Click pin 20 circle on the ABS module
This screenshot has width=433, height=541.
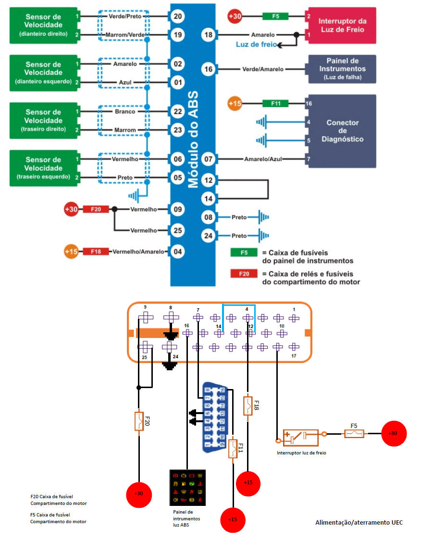(x=178, y=16)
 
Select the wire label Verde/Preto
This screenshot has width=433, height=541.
(x=125, y=16)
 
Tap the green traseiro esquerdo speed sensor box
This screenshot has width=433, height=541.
(x=44, y=168)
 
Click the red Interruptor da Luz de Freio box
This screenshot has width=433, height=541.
(x=342, y=25)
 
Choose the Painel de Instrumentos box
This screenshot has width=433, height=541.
(x=342, y=69)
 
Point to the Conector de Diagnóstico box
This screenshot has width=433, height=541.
(x=342, y=131)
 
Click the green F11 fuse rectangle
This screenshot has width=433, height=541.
(x=275, y=103)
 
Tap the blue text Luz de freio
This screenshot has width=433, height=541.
(x=256, y=44)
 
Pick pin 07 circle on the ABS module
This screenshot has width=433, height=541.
(x=209, y=159)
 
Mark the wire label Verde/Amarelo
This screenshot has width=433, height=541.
(x=262, y=69)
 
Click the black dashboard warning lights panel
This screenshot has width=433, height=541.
(x=187, y=488)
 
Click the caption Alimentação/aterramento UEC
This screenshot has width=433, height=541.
(x=359, y=522)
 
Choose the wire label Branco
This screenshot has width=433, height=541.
(x=125, y=112)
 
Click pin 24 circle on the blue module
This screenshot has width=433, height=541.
(x=209, y=236)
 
